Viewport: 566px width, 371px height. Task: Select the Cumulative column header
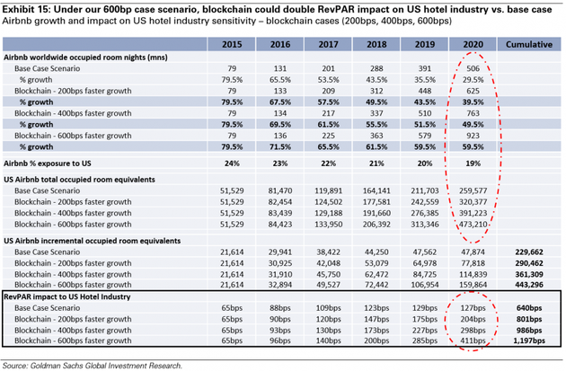coord(529,42)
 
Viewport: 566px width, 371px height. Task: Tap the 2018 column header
coord(375,42)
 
